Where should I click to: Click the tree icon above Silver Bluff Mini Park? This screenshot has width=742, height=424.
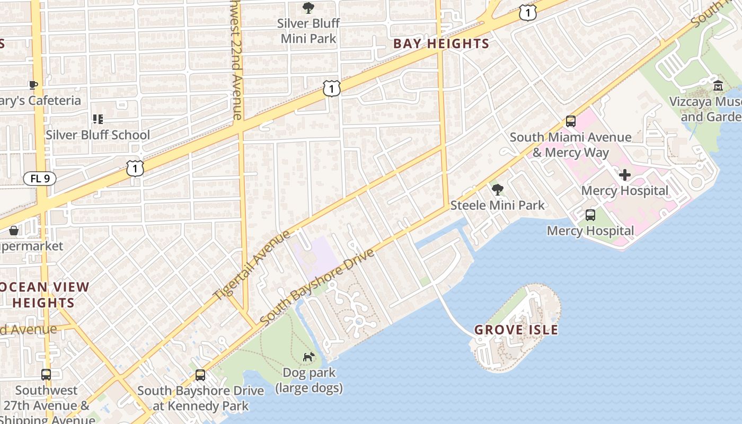coord(308,7)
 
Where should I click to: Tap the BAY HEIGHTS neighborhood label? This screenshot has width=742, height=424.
coord(441,44)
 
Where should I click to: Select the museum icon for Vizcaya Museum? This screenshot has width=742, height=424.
coord(718,85)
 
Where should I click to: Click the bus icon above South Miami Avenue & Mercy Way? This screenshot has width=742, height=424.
coord(570,121)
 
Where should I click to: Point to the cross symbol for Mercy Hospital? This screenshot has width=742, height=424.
coord(625,174)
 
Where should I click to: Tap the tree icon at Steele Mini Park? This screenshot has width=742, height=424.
coord(497,189)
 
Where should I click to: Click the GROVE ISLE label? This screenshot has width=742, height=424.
coord(516,330)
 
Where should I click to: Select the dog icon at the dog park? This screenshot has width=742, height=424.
coord(308,357)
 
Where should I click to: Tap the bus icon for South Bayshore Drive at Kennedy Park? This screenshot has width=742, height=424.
coord(200,375)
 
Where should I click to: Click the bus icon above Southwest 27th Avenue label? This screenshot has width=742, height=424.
coord(46,375)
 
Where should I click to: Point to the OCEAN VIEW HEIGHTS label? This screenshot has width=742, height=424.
coord(44,295)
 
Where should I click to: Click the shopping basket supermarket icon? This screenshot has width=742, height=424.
coord(14,231)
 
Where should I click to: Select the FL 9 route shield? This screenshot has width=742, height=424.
coord(40,179)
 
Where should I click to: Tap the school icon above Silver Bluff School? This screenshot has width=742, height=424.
coord(98,119)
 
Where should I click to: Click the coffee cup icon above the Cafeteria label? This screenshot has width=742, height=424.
coord(33,85)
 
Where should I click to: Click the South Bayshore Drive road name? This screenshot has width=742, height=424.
coord(317,287)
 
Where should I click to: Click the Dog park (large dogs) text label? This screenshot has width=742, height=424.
coord(308,381)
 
